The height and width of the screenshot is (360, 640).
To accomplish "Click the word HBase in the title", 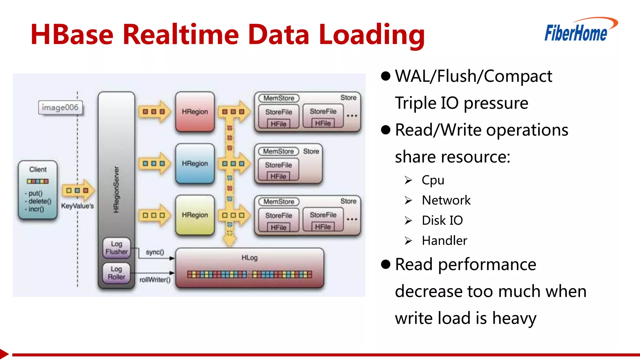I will [72, 34].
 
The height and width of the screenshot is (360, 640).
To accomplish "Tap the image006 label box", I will [60, 107].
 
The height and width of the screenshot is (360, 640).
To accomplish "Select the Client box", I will [38, 189].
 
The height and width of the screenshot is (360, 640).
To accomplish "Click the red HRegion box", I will [195, 112].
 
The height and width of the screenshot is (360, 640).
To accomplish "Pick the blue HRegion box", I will [195, 163].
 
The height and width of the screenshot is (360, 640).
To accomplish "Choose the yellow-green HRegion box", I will [195, 215].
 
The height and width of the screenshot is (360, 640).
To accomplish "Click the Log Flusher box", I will [116, 248].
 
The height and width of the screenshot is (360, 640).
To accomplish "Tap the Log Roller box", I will [116, 273].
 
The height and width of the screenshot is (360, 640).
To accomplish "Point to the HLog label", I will [249, 257].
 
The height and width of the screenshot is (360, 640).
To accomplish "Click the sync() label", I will [155, 252].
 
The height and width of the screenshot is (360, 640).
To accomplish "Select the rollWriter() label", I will [155, 280].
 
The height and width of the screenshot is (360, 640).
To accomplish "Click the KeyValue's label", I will [77, 206].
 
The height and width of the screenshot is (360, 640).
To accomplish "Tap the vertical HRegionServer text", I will [116, 189].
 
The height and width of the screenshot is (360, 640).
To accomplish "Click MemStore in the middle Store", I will [278, 151].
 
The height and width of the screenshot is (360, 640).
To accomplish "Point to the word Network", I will [446, 200].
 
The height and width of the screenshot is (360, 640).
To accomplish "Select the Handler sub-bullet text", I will [444, 241].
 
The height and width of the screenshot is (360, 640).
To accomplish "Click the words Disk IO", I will [442, 220].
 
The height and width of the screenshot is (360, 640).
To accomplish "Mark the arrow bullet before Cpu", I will [408, 180].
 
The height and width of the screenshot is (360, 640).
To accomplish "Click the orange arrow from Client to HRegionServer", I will [78, 190].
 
